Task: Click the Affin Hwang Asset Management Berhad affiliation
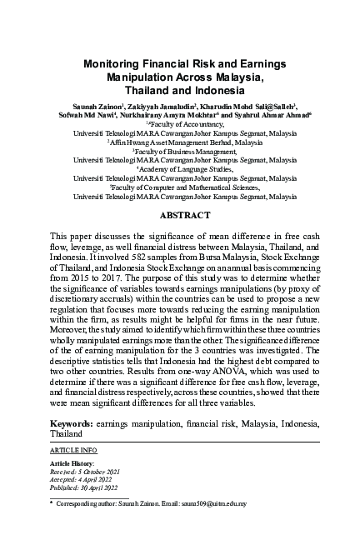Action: click(179, 142)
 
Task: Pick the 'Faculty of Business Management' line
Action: click(179, 152)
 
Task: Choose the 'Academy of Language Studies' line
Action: click(179, 169)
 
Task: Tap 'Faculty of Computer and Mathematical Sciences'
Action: click(179, 187)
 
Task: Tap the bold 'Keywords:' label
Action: click(72, 424)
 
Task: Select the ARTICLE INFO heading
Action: click(73, 450)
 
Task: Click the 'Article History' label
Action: click(72, 463)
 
